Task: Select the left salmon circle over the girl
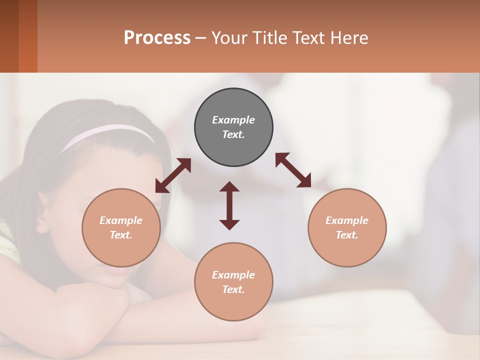coord(121,250)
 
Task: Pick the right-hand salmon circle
coord(347,250)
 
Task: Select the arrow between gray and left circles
coord(173,175)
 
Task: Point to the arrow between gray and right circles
coord(293,170)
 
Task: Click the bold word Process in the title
coord(157,37)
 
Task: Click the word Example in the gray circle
coord(233,120)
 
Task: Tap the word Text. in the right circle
coord(347,235)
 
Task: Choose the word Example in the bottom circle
coord(233,275)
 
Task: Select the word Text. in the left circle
coord(121,235)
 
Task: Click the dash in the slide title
coord(201,38)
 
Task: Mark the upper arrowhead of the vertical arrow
coord(229,187)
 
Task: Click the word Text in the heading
coord(308,37)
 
